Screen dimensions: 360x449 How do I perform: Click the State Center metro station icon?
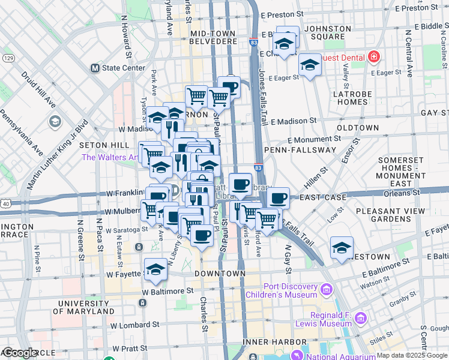coord(95,68)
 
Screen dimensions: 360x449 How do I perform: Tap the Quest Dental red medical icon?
coord(374,57)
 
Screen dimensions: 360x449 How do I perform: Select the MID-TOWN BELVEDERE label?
coord(214,37)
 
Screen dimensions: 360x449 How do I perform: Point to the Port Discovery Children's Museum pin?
coord(327,290)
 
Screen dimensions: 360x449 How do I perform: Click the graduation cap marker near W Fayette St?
coord(155,269)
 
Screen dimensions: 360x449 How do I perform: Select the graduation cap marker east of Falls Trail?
coord(342,247)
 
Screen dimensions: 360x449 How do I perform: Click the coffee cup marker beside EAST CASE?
coord(278,199)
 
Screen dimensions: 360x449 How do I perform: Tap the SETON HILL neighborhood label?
coord(104,145)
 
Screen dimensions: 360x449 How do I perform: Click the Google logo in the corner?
coord(20,353)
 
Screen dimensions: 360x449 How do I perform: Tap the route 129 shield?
coord(8,58)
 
